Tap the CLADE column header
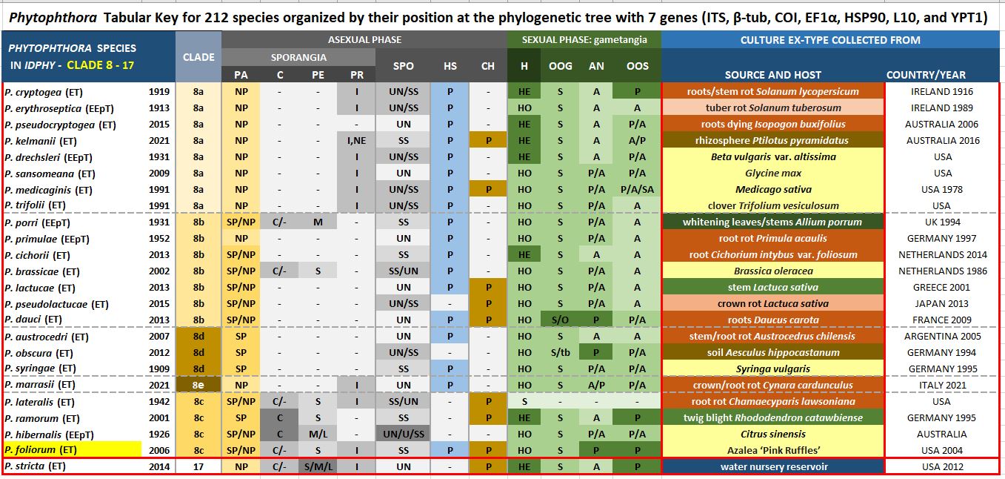(198, 57)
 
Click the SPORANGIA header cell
(298, 57)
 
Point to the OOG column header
(560, 66)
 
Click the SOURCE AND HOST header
(772, 74)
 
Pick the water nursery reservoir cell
(772, 467)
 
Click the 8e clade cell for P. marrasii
(198, 386)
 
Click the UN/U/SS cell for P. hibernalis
(404, 435)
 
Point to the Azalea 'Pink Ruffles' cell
(772, 451)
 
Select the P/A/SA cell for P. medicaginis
(637, 190)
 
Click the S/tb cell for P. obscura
(560, 353)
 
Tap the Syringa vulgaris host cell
(772, 369)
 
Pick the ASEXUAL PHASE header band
(364, 39)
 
